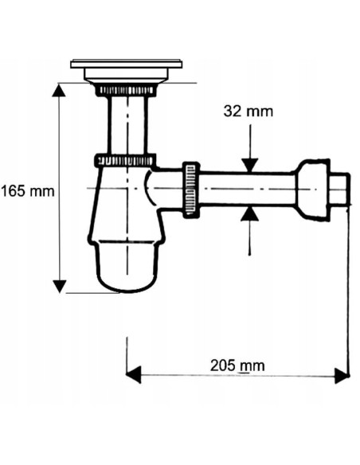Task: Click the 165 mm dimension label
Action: [x=28, y=191]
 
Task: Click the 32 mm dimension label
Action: [x=248, y=111]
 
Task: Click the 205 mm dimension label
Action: [x=237, y=365]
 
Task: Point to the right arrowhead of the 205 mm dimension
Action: [x=342, y=374]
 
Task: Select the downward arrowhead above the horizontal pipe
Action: [x=250, y=165]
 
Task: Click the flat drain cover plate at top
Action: [x=126, y=64]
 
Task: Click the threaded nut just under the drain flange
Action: [x=126, y=90]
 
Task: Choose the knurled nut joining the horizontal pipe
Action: [x=191, y=190]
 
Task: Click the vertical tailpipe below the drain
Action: [x=126, y=123]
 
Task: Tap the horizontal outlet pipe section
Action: [x=247, y=190]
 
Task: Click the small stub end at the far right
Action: [x=339, y=190]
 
